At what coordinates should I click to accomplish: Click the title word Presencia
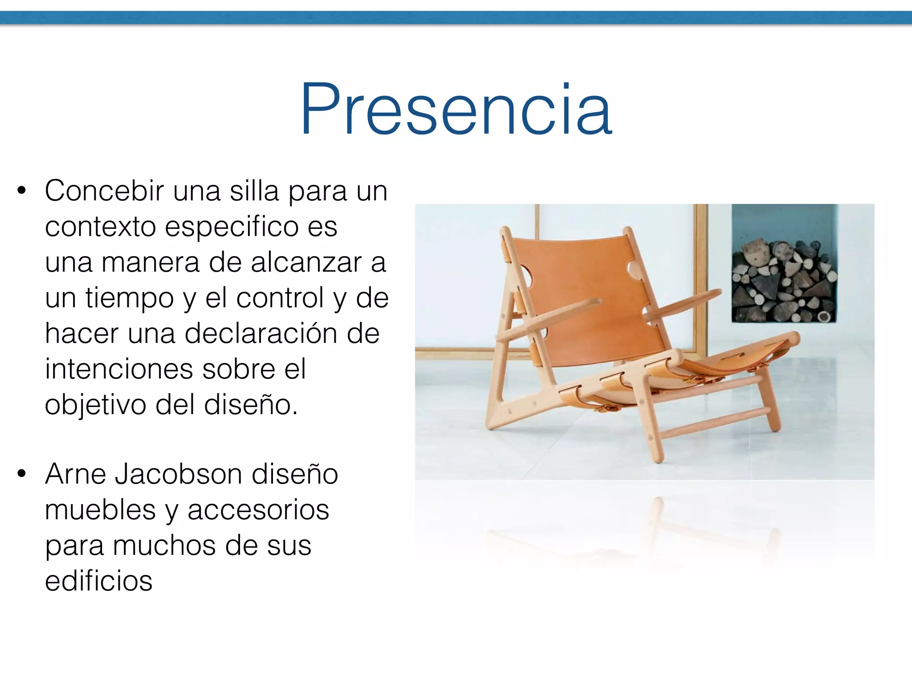tap(456, 109)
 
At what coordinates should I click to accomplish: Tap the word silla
tap(254, 191)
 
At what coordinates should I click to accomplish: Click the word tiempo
tap(129, 298)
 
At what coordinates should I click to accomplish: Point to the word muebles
tap(100, 510)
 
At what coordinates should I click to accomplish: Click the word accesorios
tap(258, 510)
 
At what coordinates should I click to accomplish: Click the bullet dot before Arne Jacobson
tap(21, 474)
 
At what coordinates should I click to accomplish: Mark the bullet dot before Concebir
tap(21, 191)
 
